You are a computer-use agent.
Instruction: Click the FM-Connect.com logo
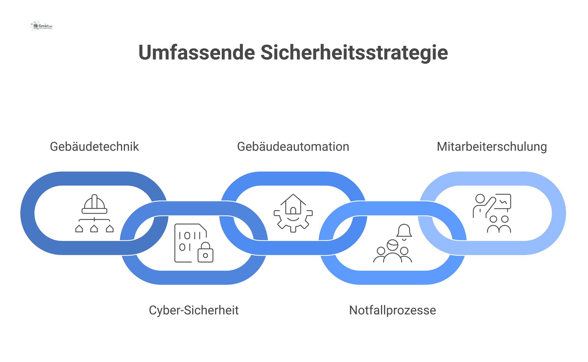(42, 26)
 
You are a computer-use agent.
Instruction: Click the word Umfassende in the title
(197, 53)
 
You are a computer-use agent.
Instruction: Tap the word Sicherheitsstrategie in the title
(354, 53)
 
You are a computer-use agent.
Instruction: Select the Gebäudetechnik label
(94, 147)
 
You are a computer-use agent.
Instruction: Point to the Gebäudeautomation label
(293, 147)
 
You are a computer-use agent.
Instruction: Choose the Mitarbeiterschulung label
(492, 147)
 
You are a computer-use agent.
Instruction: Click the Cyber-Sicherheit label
(194, 310)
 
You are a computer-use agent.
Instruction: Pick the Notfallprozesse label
(392, 310)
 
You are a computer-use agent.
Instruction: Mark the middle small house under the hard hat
(94, 229)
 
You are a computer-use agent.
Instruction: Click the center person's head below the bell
(392, 245)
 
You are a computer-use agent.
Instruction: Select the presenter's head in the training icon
(480, 199)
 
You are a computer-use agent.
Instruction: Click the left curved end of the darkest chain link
(28, 213)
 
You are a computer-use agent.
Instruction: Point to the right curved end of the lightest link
(559, 213)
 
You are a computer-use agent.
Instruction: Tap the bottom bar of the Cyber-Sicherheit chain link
(194, 278)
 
